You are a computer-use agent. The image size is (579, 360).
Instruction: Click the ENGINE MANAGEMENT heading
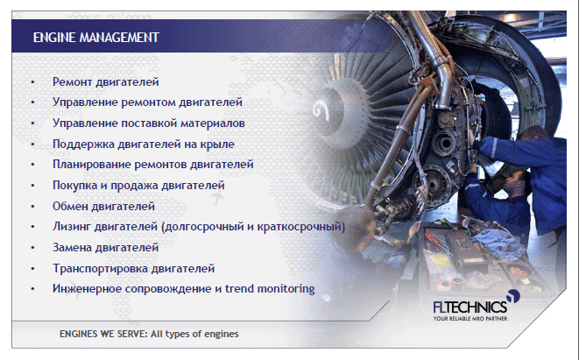(96, 38)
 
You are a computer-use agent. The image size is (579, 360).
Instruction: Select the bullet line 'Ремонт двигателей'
(106, 81)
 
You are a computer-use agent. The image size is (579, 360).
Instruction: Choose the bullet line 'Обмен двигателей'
(103, 206)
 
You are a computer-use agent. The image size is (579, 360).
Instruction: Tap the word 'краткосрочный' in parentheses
(301, 226)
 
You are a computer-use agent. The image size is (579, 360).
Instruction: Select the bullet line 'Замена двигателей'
(106, 247)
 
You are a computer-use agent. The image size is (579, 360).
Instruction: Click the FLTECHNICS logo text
(470, 307)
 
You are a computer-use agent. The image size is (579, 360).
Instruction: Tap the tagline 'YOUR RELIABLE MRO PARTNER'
(470, 318)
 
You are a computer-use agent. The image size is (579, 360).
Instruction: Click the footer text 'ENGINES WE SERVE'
(103, 334)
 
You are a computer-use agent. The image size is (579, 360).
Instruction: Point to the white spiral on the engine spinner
(321, 109)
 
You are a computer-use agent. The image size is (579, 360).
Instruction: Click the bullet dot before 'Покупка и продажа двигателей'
(33, 186)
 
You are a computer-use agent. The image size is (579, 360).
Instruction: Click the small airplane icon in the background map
(217, 198)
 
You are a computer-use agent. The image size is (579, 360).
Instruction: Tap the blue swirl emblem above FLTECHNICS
(513, 296)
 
